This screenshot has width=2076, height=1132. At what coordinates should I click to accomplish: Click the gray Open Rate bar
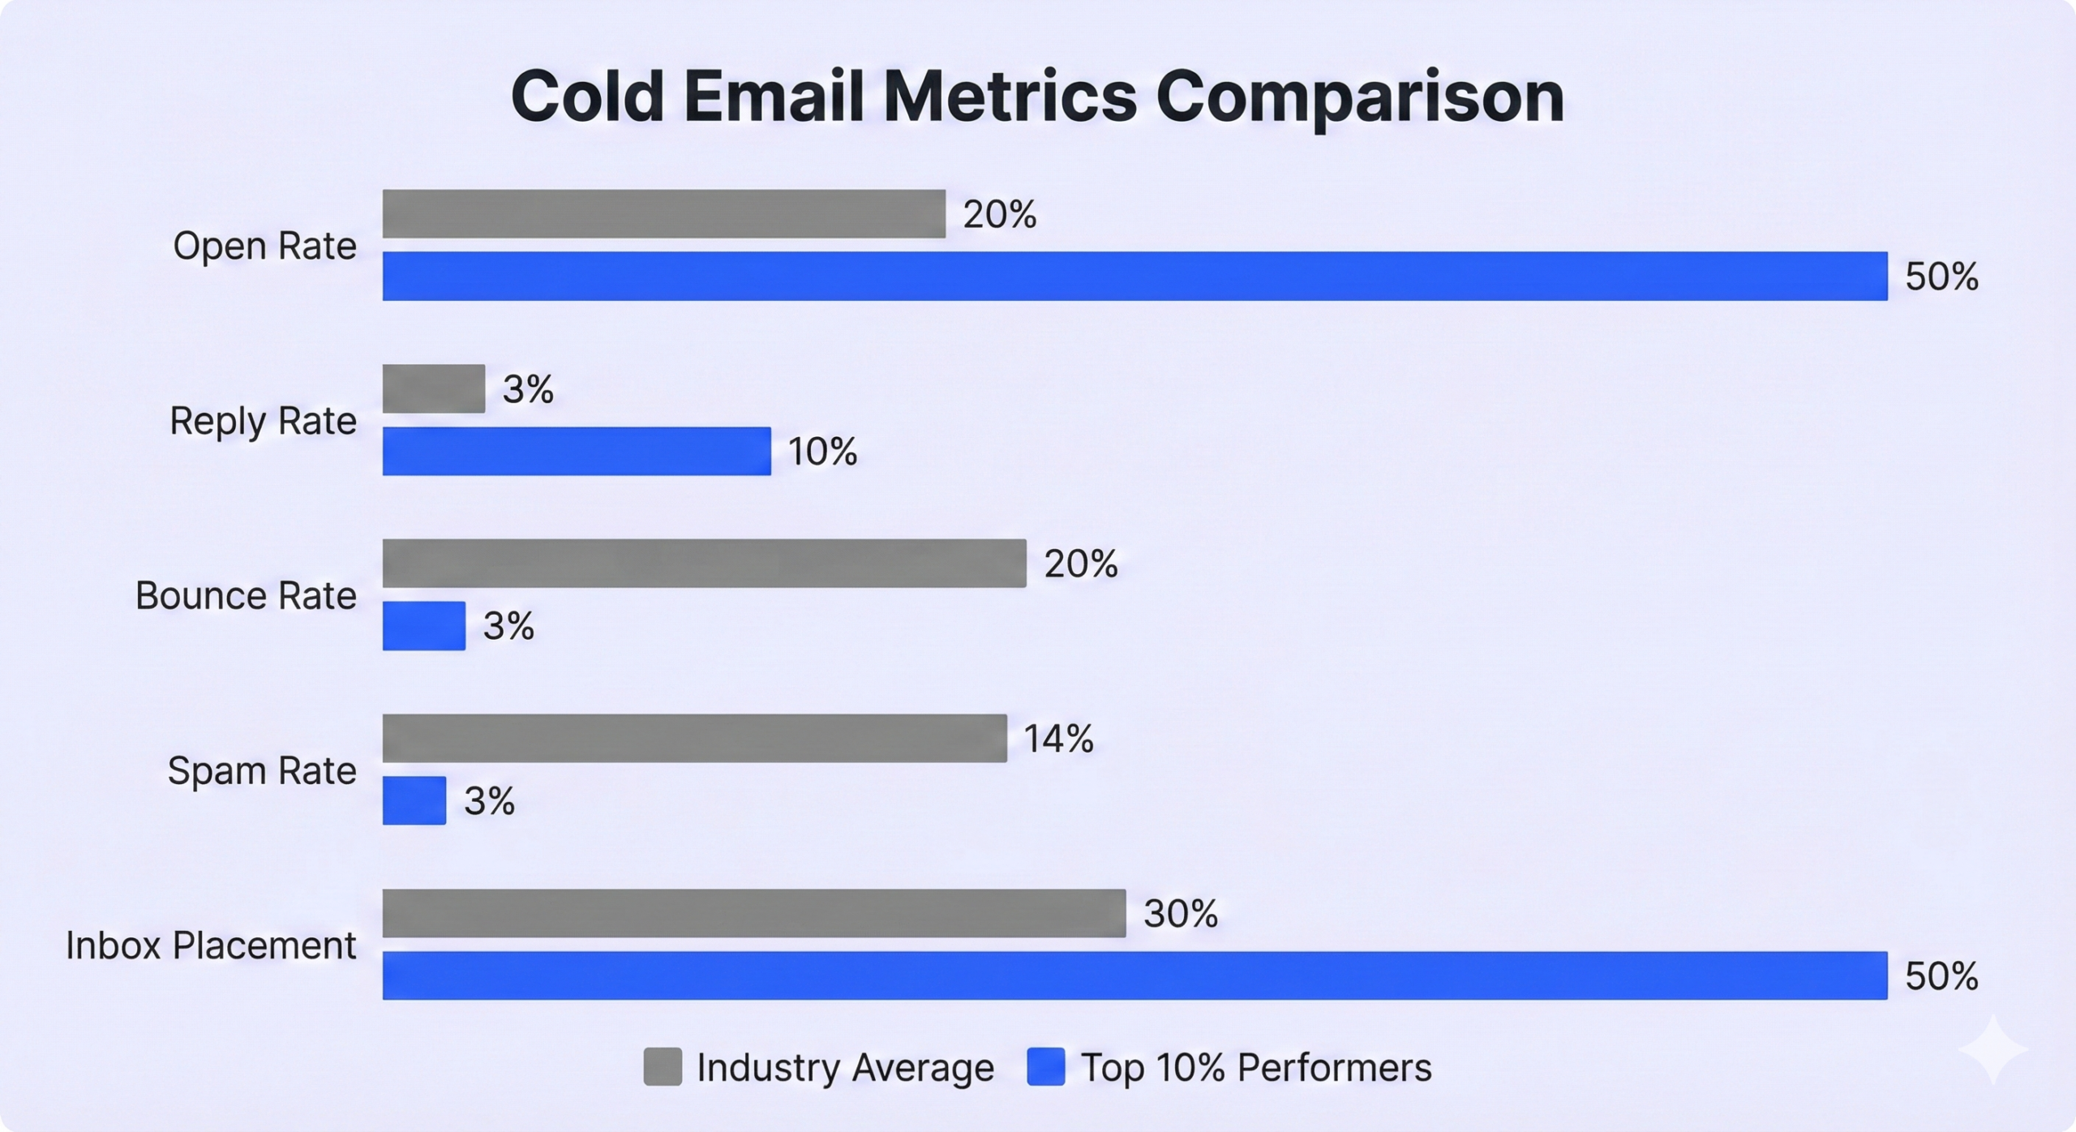point(663,214)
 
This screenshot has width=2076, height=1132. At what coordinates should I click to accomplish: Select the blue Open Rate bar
point(1135,276)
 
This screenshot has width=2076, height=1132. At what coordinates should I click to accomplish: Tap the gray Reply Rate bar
point(434,388)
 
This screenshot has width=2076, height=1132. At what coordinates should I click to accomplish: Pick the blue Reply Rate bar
point(577,451)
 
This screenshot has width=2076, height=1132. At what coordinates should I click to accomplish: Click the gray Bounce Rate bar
point(704,563)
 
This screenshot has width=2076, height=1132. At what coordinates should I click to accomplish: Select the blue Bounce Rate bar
point(424,625)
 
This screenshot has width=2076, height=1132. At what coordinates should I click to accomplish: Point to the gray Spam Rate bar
point(694,738)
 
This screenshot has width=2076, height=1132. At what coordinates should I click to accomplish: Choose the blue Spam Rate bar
point(414,800)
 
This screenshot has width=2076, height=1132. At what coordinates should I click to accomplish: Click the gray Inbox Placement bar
point(754,913)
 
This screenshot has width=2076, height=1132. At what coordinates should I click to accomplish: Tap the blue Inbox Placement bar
point(1135,975)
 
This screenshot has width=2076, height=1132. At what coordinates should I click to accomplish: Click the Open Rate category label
point(264,246)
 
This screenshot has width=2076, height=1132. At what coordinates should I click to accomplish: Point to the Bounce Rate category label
point(246,595)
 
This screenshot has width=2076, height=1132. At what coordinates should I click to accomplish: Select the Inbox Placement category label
point(211,945)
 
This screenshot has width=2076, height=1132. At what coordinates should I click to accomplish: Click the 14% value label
point(1058,739)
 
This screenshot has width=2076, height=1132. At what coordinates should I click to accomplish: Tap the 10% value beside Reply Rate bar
point(822,451)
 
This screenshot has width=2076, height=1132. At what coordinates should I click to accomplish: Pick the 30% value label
point(1180,914)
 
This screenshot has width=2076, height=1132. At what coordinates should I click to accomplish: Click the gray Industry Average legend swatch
point(663,1066)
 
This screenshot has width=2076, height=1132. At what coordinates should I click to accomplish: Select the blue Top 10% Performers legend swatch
point(1046,1066)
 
